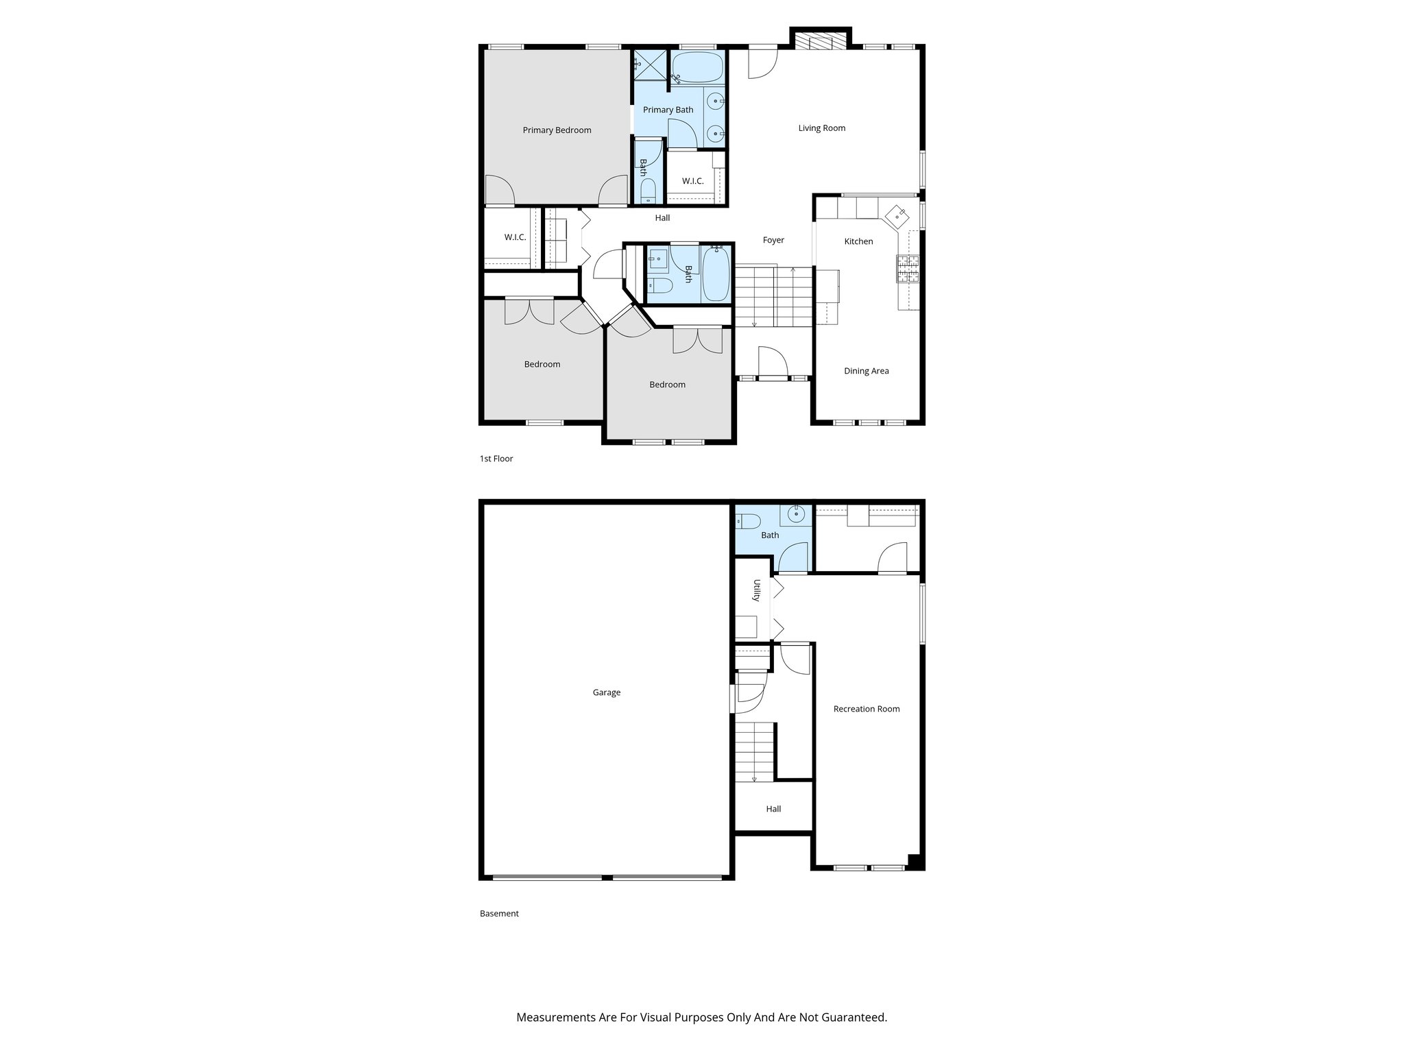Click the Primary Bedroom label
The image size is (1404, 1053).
(x=557, y=130)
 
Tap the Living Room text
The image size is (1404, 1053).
(x=821, y=128)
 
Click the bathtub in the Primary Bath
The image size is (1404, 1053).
(x=697, y=68)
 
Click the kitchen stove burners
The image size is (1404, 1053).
(x=908, y=269)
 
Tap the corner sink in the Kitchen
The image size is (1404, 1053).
(x=897, y=216)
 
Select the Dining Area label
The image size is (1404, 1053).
(x=866, y=371)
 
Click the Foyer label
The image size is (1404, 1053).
(x=773, y=240)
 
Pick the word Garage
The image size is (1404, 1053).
(x=606, y=692)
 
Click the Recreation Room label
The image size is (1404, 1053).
(x=866, y=709)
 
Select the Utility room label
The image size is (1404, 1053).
(x=757, y=590)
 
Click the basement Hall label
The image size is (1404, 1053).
(x=773, y=809)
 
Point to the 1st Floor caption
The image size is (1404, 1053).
(x=496, y=459)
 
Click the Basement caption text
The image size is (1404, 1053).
(x=498, y=913)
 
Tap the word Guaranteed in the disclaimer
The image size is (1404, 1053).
(x=857, y=1017)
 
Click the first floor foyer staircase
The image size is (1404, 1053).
(x=773, y=297)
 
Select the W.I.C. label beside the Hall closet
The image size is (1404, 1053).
(x=515, y=237)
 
